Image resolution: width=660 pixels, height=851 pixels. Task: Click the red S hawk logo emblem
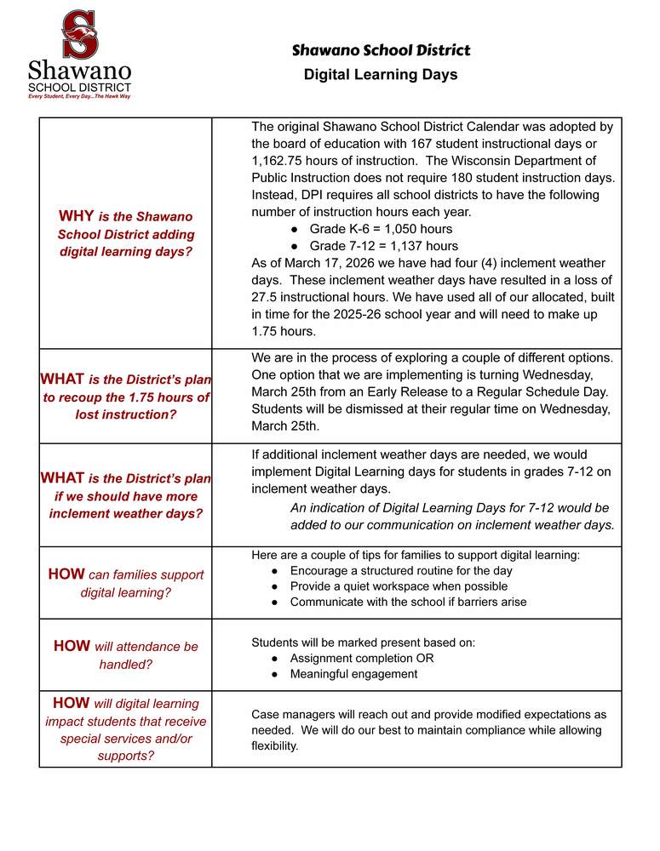point(81,34)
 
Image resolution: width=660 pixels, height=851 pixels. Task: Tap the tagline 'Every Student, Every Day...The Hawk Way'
point(79,96)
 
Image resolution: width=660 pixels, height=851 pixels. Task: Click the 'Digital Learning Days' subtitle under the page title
point(381,75)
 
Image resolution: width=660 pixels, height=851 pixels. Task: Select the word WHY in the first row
point(76,216)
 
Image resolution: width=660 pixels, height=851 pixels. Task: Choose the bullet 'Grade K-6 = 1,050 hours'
point(381,229)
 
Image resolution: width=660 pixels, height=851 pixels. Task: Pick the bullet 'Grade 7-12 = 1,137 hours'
point(383,246)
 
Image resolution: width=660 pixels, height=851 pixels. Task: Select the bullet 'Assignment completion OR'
point(362,659)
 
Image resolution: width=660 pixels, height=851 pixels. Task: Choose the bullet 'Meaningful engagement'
point(353,674)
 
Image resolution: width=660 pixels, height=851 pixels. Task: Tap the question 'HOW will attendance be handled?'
point(125,654)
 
